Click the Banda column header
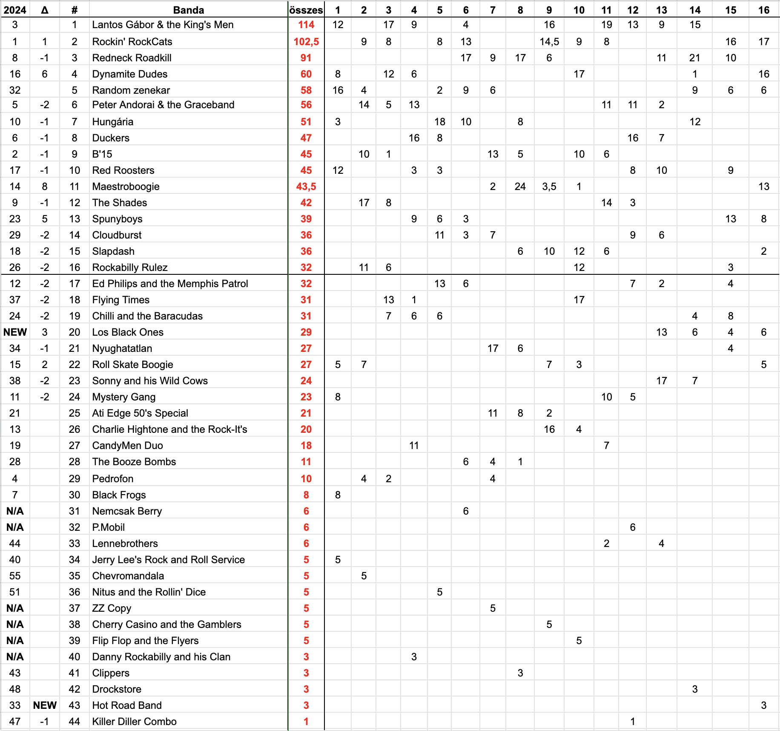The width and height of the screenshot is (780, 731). coord(188,10)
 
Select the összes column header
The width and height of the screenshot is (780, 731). coord(306,10)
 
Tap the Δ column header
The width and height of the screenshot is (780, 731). coord(45,10)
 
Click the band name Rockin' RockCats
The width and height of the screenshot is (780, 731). coord(132,42)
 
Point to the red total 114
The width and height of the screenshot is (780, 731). coord(306,25)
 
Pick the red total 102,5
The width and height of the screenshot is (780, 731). coord(306,42)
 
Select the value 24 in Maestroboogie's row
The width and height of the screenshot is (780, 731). coord(520,187)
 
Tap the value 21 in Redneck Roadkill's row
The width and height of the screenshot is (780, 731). coord(694,58)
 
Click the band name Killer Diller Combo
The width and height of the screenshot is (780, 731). coord(134,722)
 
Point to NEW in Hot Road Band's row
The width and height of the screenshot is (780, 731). coord(45,705)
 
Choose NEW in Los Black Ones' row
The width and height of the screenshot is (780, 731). coord(15,332)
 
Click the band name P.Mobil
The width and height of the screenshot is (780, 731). coord(108,527)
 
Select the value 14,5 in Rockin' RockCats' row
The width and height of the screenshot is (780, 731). coord(549,42)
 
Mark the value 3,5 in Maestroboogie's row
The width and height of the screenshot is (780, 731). coord(549,187)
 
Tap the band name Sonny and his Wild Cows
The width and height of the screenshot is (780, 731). coord(150,381)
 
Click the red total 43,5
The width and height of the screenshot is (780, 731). coord(306,187)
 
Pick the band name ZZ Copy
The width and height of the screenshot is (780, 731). coord(112,608)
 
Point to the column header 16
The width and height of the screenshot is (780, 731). coord(763,10)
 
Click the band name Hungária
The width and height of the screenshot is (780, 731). coord(112,122)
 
